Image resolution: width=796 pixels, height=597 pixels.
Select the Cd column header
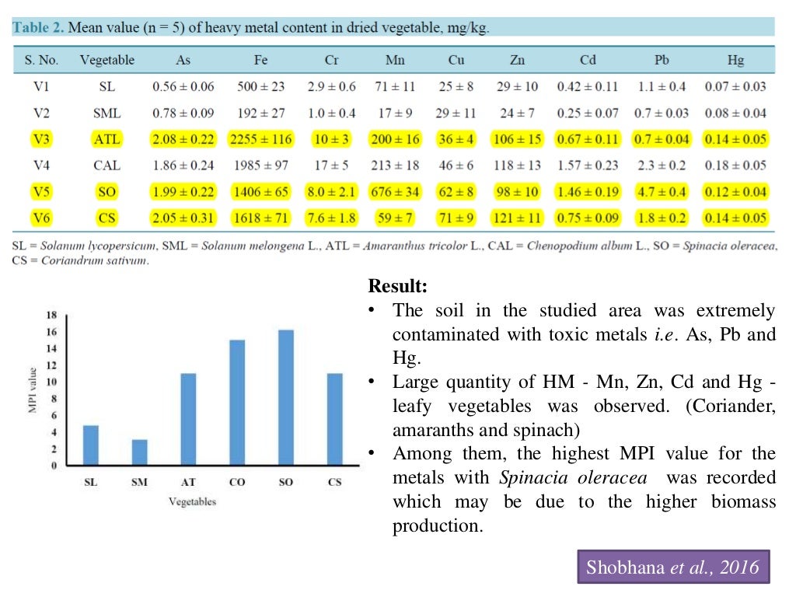[x=588, y=60]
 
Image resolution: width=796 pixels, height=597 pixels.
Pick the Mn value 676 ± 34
[x=395, y=191]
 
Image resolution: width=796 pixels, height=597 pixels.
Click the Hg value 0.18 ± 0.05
[x=735, y=165]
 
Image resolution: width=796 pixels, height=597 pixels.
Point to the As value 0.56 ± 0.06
[x=183, y=86]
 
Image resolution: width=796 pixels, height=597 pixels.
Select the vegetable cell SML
[x=107, y=113]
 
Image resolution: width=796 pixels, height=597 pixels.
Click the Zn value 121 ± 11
[x=518, y=218]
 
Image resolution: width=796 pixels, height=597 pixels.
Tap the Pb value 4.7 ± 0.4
[x=656, y=191]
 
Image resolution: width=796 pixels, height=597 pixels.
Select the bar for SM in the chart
[x=139, y=452]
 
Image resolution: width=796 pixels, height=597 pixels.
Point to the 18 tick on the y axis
[x=52, y=316]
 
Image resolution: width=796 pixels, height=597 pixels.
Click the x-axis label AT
[x=188, y=482]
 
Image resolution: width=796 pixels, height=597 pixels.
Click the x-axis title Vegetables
[x=192, y=501]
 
